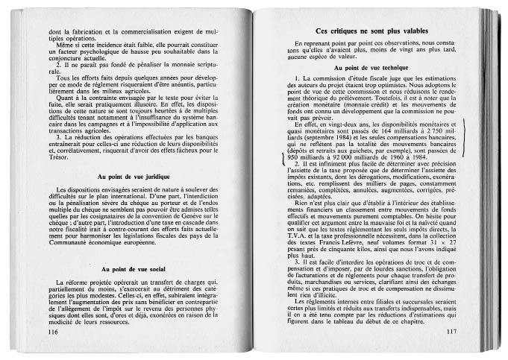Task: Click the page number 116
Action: pos(53,332)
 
